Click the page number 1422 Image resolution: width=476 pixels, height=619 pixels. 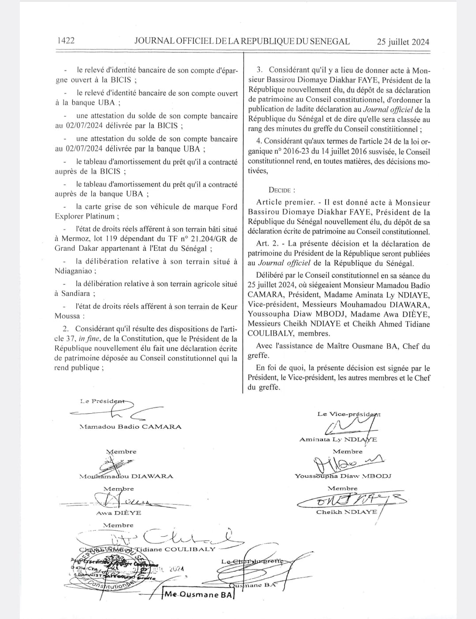(x=66, y=41)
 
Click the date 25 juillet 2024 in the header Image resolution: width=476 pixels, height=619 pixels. (x=403, y=42)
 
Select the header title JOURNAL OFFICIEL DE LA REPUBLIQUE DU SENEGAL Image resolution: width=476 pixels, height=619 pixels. (x=242, y=42)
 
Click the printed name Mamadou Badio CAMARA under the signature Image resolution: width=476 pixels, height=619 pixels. (x=131, y=427)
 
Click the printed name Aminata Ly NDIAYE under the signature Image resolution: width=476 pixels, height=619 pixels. (x=338, y=440)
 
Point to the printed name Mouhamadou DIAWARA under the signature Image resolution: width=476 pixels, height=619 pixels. (x=126, y=476)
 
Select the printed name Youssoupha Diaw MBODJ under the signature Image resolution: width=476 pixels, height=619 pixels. (x=343, y=476)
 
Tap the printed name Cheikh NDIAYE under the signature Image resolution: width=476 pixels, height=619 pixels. (x=347, y=512)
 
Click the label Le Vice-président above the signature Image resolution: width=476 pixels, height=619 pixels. (x=349, y=414)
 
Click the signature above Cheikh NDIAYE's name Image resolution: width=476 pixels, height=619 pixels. (x=351, y=500)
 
